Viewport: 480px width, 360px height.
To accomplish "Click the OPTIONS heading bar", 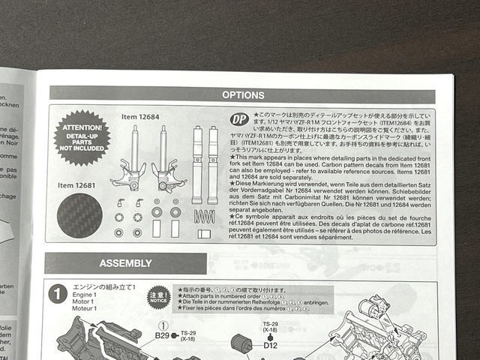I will [x=243, y=95].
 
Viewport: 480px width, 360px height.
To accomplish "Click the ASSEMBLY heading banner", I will [x=124, y=264].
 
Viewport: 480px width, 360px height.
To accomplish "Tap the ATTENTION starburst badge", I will [x=82, y=138].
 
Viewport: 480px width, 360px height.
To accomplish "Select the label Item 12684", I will [x=139, y=117].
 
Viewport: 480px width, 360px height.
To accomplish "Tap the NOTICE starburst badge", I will [x=158, y=295].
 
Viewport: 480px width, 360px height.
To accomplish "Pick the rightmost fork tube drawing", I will [x=213, y=165].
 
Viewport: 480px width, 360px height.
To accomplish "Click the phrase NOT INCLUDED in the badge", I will [x=82, y=148].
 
